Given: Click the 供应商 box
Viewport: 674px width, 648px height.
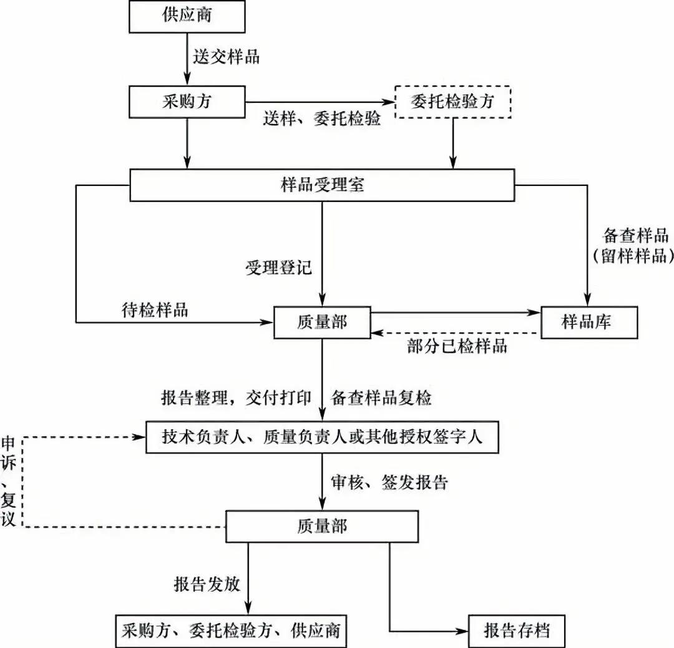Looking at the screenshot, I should pos(187,16).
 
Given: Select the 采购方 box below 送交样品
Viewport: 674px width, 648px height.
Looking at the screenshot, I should pos(187,102).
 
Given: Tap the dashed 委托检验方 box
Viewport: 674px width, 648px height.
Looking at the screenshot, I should pos(452,102).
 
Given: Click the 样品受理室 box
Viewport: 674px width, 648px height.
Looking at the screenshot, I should pos(322,185).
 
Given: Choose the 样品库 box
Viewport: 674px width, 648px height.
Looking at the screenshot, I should pos(589,322).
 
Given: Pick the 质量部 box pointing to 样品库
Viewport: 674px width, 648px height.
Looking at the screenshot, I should pos(322,322).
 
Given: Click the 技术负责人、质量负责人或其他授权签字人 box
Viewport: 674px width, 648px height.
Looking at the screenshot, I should pos(322,437).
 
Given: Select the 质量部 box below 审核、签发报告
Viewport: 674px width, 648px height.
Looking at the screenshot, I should pos(322,526).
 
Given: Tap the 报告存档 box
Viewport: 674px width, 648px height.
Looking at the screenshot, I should pos(517,631).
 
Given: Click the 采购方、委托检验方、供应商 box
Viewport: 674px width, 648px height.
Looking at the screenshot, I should pos(230,631).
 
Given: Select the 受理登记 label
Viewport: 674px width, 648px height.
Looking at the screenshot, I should pos(278,269).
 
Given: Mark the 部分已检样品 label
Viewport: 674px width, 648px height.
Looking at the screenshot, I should pos(456,347).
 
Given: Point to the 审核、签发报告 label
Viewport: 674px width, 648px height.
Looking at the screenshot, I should pos(389,482).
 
